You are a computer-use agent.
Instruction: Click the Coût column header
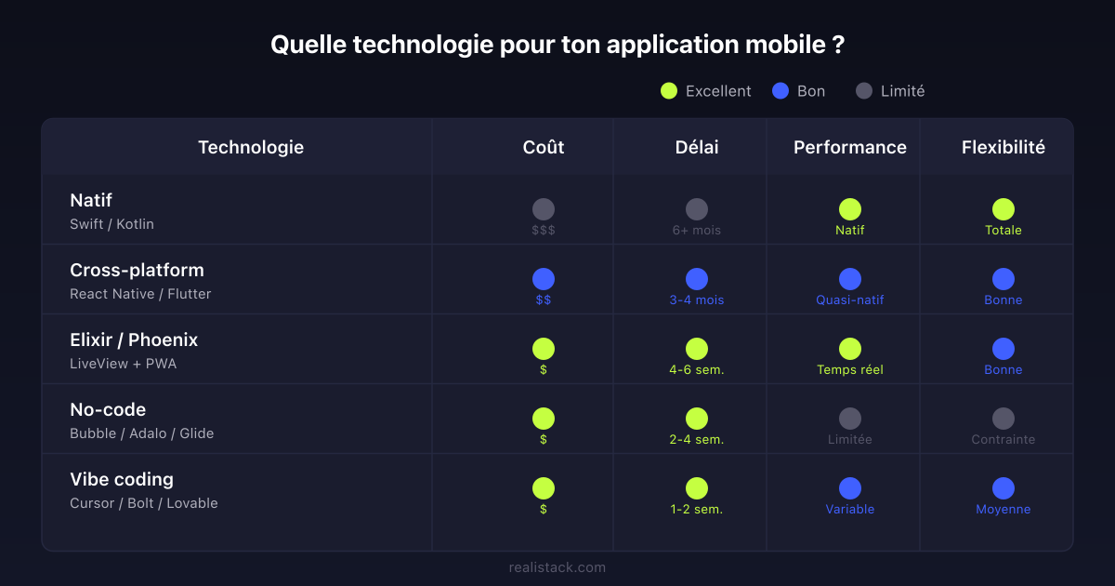tap(544, 147)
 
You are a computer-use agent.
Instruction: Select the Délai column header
tap(697, 147)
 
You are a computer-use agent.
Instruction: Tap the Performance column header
tap(850, 147)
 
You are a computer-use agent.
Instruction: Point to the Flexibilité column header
tap(1003, 147)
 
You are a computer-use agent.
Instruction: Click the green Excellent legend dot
tap(669, 91)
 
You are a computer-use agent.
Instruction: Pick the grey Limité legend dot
tap(864, 91)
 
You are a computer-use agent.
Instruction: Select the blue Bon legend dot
tap(780, 91)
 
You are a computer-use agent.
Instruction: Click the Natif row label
tap(91, 200)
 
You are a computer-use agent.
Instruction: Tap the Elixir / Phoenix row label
tap(134, 340)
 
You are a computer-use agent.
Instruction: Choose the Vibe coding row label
tap(122, 479)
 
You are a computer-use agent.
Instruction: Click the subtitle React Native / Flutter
tap(140, 294)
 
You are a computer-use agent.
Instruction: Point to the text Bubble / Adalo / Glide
tap(141, 433)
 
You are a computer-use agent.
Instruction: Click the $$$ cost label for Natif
tap(544, 230)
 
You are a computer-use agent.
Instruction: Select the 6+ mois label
tap(697, 230)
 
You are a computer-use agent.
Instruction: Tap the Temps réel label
tap(850, 369)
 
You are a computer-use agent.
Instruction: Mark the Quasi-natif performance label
tap(850, 300)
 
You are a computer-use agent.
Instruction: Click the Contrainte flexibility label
tap(1003, 439)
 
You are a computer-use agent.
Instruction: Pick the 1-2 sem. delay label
tap(697, 509)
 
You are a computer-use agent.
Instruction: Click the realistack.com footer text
tap(557, 566)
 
